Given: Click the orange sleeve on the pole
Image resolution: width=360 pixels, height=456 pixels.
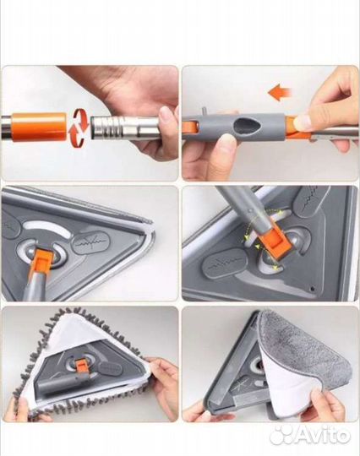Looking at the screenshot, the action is pos(39,127).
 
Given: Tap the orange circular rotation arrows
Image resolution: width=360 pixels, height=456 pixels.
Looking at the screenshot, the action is pos(79,127).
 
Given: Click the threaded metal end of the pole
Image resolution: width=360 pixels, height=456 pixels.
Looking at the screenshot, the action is pos(106,128).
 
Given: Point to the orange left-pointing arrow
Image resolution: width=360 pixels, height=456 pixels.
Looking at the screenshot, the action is pos(280,93).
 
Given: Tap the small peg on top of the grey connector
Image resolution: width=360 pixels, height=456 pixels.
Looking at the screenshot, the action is pos(204,111).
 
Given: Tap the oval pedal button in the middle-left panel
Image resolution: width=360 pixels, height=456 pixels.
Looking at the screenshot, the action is pos(90,242).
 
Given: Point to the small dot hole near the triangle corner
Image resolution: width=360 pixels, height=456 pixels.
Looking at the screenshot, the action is pos(313,289).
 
